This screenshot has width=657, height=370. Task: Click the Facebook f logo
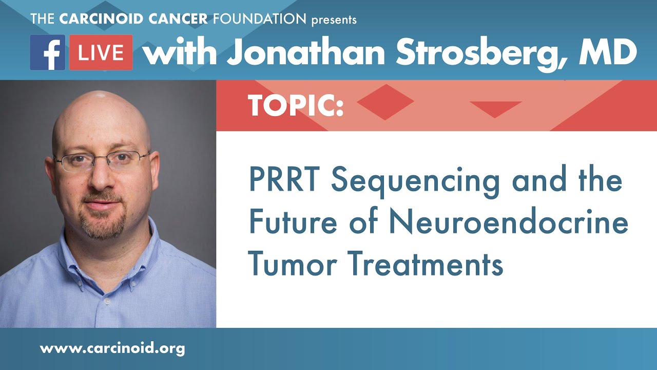coord(48,52)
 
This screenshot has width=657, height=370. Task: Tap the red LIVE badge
coord(101,52)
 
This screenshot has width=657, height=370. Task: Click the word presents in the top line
coord(334,20)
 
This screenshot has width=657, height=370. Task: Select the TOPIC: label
coord(296,105)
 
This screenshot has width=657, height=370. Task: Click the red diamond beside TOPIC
coord(385,102)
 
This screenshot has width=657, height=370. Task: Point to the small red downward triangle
coord(495,107)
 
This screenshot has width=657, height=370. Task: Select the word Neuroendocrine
coord(509,224)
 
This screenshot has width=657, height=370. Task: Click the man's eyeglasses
coord(103,160)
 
